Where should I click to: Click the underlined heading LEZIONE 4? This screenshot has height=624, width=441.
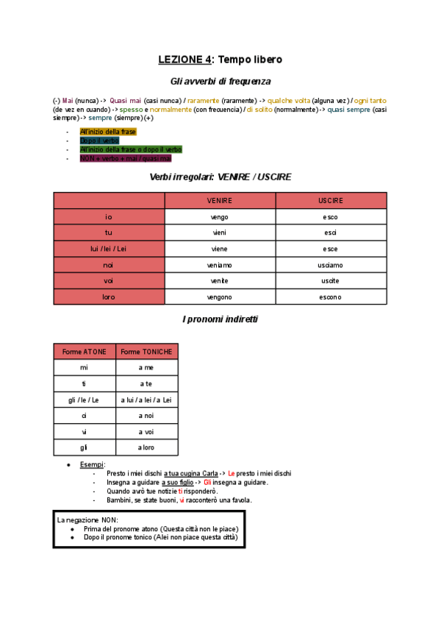185,59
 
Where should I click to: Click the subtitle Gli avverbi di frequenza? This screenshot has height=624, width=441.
220,81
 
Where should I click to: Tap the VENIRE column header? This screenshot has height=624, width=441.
220,200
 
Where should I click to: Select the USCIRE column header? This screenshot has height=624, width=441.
331,200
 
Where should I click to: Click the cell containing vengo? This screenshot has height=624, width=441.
220,217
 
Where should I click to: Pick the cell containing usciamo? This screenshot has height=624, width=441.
331,265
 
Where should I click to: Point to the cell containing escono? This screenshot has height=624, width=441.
331,297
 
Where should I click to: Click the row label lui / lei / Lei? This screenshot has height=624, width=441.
109,249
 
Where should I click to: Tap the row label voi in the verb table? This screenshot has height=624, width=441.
109,281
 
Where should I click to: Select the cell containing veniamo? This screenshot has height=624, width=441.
220,265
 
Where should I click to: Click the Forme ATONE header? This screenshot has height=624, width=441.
84,352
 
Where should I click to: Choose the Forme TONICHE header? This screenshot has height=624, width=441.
147,352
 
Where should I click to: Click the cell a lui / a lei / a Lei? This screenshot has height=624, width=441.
147,400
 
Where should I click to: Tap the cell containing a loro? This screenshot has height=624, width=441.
147,447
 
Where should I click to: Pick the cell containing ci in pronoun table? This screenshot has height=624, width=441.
84,416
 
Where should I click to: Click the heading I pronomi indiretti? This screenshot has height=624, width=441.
220,319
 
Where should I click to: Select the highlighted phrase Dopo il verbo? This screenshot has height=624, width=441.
99,140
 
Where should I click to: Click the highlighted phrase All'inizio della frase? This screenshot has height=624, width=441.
108,131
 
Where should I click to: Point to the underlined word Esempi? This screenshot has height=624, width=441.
92,464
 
